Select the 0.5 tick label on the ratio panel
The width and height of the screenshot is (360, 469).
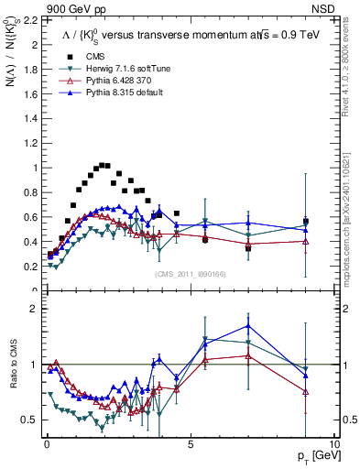point(28,420)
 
